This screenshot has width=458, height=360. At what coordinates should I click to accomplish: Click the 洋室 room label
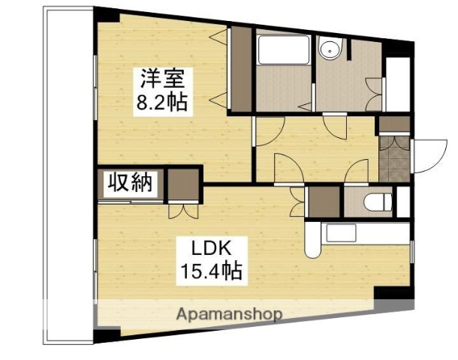pos(160,78)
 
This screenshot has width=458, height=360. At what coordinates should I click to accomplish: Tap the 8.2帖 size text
pos(160,101)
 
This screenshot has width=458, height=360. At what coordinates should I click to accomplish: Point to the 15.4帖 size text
pos(209,271)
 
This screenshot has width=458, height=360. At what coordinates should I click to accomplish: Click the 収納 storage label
pos(129,182)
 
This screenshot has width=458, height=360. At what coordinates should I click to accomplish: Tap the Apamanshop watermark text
pos(229,314)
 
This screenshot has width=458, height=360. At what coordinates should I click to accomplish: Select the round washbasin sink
pos(329,50)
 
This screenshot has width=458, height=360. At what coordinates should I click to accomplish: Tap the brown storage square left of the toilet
pos(324,201)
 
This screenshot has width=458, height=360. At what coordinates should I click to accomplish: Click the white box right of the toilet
pos(402,202)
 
